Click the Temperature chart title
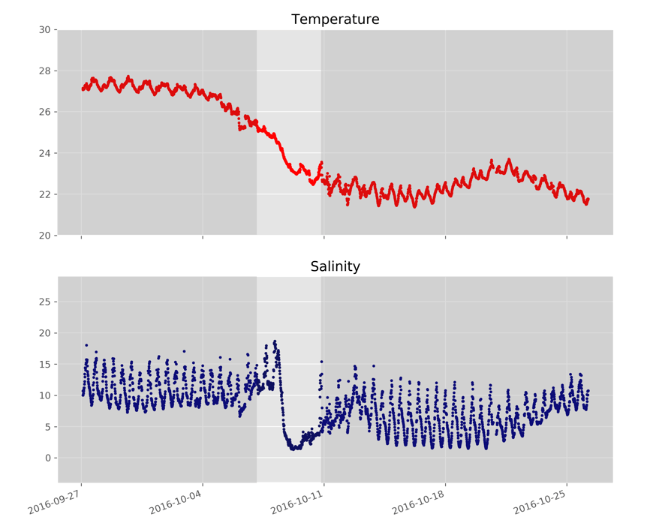click(x=335, y=20)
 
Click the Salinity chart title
click(x=335, y=267)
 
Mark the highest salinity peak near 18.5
click(x=275, y=342)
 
